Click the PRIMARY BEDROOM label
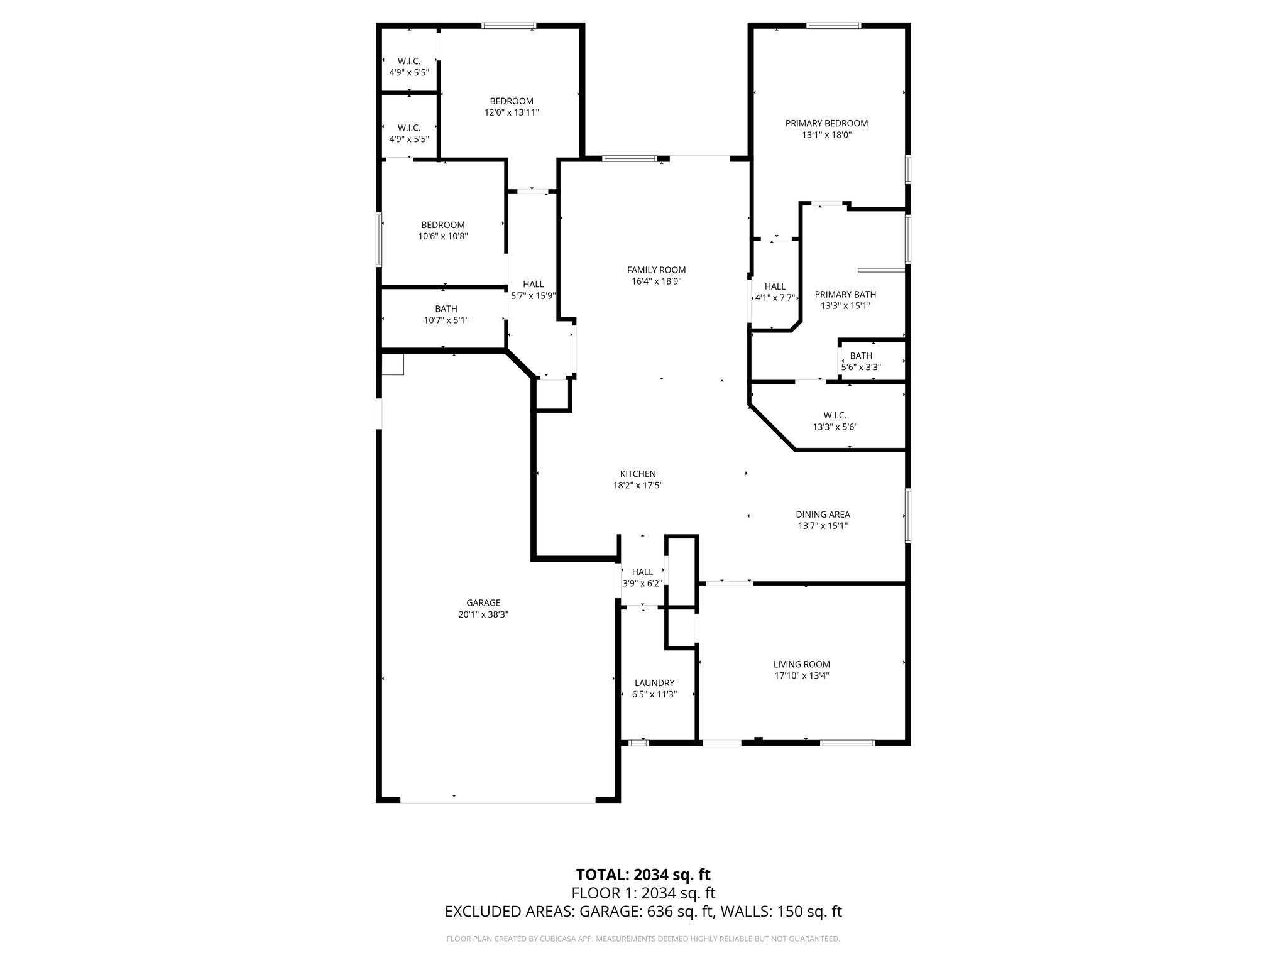point(826,123)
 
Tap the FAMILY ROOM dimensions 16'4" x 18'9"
point(656,281)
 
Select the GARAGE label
point(483,602)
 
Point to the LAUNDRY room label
point(654,683)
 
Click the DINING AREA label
point(823,515)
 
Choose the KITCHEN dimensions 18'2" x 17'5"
point(638,485)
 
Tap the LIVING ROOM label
point(801,664)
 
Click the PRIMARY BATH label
point(845,294)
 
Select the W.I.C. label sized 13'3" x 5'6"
point(835,415)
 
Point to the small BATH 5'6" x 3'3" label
point(861,356)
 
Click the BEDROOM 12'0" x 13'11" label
point(512,101)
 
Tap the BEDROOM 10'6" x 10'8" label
point(443,225)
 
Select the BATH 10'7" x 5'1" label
point(446,309)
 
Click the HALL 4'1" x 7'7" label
point(775,286)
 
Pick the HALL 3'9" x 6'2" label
point(642,572)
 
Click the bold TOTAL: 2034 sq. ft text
point(643,875)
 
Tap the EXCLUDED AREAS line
point(643,912)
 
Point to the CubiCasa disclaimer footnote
point(643,939)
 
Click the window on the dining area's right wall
point(908,515)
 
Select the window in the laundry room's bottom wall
point(638,743)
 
